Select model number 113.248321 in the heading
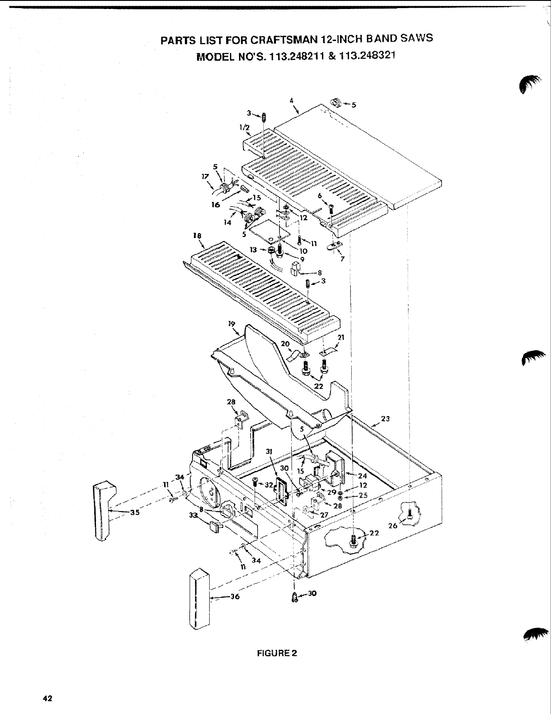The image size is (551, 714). coord(365,57)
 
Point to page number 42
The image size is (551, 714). coord(47,698)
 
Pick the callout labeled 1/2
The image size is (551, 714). coord(244,128)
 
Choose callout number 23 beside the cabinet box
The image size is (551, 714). coord(385,418)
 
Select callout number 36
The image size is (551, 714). coord(234,597)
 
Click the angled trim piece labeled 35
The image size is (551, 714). coord(103,509)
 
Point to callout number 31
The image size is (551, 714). coord(269,451)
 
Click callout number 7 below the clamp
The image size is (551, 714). coord(343,259)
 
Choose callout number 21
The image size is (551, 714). coord(340,337)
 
